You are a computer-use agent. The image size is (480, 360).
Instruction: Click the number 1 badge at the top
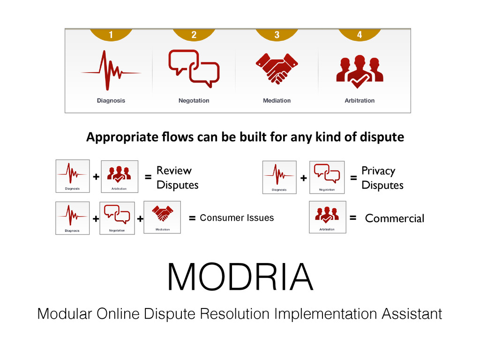(111, 34)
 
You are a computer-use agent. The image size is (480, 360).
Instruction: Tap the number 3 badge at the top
(277, 34)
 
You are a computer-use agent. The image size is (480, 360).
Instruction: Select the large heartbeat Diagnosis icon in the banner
(111, 70)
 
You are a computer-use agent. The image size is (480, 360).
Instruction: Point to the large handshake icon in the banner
(277, 68)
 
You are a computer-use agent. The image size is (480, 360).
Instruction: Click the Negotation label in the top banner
(194, 101)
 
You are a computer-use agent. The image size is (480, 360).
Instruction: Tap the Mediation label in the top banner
(277, 101)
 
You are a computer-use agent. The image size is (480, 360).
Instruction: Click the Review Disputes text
(177, 178)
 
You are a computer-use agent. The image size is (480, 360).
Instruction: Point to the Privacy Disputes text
(382, 178)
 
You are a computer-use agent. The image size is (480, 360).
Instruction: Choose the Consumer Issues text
(237, 218)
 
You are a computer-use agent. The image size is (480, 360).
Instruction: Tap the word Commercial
(394, 218)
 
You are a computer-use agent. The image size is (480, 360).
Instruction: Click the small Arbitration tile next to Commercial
(327, 217)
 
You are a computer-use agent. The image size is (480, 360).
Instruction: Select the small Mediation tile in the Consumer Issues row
(162, 217)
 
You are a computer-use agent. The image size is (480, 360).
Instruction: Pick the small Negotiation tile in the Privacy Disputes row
(327, 177)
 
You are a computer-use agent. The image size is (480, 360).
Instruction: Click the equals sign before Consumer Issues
(192, 218)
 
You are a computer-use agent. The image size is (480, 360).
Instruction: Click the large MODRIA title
(240, 277)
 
